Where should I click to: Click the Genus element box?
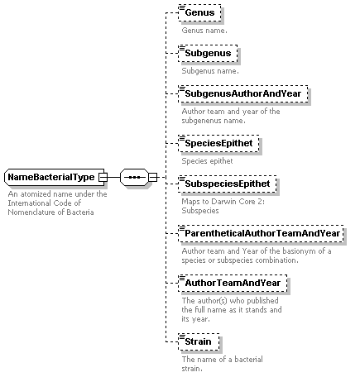coord(199,12)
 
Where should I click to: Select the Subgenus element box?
coord(208,53)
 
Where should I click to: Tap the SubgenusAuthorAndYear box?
coord(243,93)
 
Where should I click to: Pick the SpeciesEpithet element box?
coord(218,143)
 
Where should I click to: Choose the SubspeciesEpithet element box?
coord(228,184)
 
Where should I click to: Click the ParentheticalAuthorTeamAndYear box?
coord(261,233)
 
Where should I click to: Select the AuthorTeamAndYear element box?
coord(233,283)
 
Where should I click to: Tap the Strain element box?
coord(199,341)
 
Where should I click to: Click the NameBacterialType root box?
coord(55,177)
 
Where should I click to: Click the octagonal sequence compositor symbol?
coord(134,177)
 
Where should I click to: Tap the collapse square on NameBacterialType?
coord(103,177)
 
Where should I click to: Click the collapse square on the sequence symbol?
coord(152,177)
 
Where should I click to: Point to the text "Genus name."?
coord(204,31)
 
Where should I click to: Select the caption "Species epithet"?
coord(207,161)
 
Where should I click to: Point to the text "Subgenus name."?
coord(210,71)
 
